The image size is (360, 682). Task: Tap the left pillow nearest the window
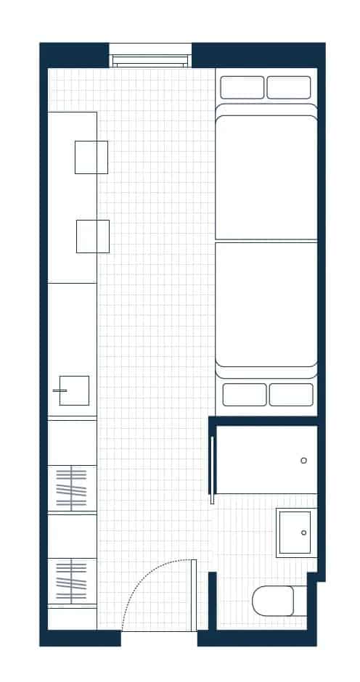pos(242,87)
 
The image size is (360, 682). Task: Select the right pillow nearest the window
pos(289,87)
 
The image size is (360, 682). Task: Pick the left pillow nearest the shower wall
pos(245,395)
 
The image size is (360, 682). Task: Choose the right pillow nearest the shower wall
pos(291,395)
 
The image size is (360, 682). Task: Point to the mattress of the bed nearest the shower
pos(266,305)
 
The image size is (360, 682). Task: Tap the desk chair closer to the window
pos(91,157)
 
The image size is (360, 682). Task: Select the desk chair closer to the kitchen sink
pos(93,237)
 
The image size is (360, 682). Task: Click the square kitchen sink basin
pos(75,390)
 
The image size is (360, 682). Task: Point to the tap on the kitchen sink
pos(59,390)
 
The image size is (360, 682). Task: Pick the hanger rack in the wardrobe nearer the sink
pos(71,488)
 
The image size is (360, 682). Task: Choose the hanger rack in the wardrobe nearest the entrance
pos(71,581)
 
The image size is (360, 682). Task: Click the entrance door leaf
pos(194,595)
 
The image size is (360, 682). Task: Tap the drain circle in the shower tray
pos(303,461)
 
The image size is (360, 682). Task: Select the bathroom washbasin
pos(296,533)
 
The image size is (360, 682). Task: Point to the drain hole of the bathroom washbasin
pos(303,533)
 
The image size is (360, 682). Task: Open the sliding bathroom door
pos(212,469)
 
